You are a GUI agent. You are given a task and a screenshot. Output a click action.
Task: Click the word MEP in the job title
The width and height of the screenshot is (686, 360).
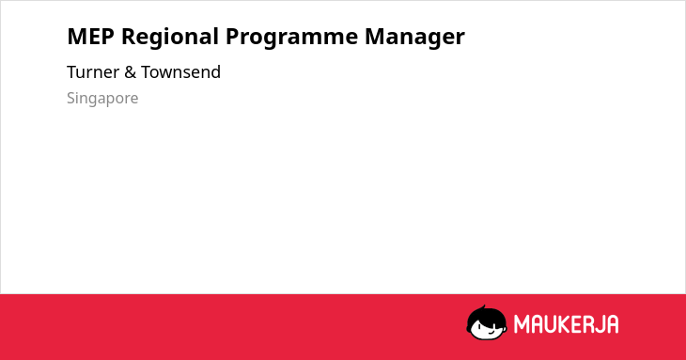(x=90, y=37)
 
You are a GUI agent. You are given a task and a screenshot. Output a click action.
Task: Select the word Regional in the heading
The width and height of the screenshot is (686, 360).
(x=170, y=38)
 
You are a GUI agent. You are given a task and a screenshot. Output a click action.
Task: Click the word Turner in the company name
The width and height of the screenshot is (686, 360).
(x=93, y=72)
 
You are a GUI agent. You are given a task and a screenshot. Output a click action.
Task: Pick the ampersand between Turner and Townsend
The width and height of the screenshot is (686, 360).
(x=130, y=72)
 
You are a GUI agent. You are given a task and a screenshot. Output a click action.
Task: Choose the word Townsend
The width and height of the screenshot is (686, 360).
(x=180, y=72)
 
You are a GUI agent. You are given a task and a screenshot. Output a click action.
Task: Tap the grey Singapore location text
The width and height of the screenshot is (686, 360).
(x=102, y=99)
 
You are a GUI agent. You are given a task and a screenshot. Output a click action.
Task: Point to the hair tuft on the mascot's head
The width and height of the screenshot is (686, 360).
(x=483, y=307)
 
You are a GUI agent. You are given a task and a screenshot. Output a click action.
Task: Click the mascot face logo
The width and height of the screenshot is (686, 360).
(x=487, y=322)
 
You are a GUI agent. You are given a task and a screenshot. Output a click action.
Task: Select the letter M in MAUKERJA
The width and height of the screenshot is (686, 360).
(x=522, y=324)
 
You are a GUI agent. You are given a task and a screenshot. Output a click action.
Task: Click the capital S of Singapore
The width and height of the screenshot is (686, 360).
(x=71, y=98)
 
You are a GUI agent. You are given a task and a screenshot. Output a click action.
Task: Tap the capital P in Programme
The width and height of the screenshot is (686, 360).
(x=232, y=37)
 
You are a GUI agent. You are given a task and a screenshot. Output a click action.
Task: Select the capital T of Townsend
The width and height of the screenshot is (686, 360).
(x=146, y=72)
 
